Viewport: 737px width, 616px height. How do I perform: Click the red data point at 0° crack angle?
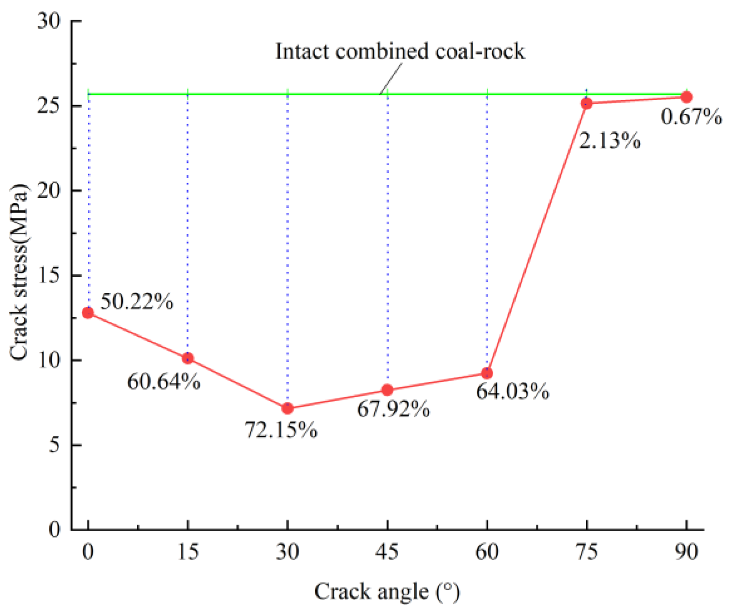click(x=88, y=313)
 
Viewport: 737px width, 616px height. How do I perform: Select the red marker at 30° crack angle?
click(x=287, y=408)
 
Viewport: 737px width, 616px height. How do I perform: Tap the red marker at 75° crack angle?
click(x=587, y=103)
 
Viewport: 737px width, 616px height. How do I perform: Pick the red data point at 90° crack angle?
click(x=686, y=97)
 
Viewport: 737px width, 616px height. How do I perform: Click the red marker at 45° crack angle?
click(x=387, y=390)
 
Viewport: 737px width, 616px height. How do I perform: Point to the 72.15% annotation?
click(x=281, y=429)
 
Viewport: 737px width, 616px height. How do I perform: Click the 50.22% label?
click(x=137, y=301)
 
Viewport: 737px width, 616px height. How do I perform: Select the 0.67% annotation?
click(x=691, y=116)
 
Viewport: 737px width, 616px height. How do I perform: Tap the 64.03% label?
click(x=512, y=391)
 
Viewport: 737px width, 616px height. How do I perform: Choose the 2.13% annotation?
click(x=609, y=140)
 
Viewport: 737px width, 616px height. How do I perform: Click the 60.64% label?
click(x=164, y=381)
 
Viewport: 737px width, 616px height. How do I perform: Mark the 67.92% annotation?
click(x=393, y=409)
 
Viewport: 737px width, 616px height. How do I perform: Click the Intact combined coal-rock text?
click(x=400, y=51)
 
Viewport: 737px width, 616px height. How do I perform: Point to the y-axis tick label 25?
click(x=49, y=106)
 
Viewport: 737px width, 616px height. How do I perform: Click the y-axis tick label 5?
click(x=55, y=445)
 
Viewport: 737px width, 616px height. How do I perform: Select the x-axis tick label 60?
click(x=487, y=552)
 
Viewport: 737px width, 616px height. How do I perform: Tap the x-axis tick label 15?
click(x=188, y=552)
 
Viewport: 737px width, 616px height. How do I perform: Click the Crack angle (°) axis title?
click(x=387, y=592)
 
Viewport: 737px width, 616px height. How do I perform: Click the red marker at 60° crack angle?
click(x=487, y=373)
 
